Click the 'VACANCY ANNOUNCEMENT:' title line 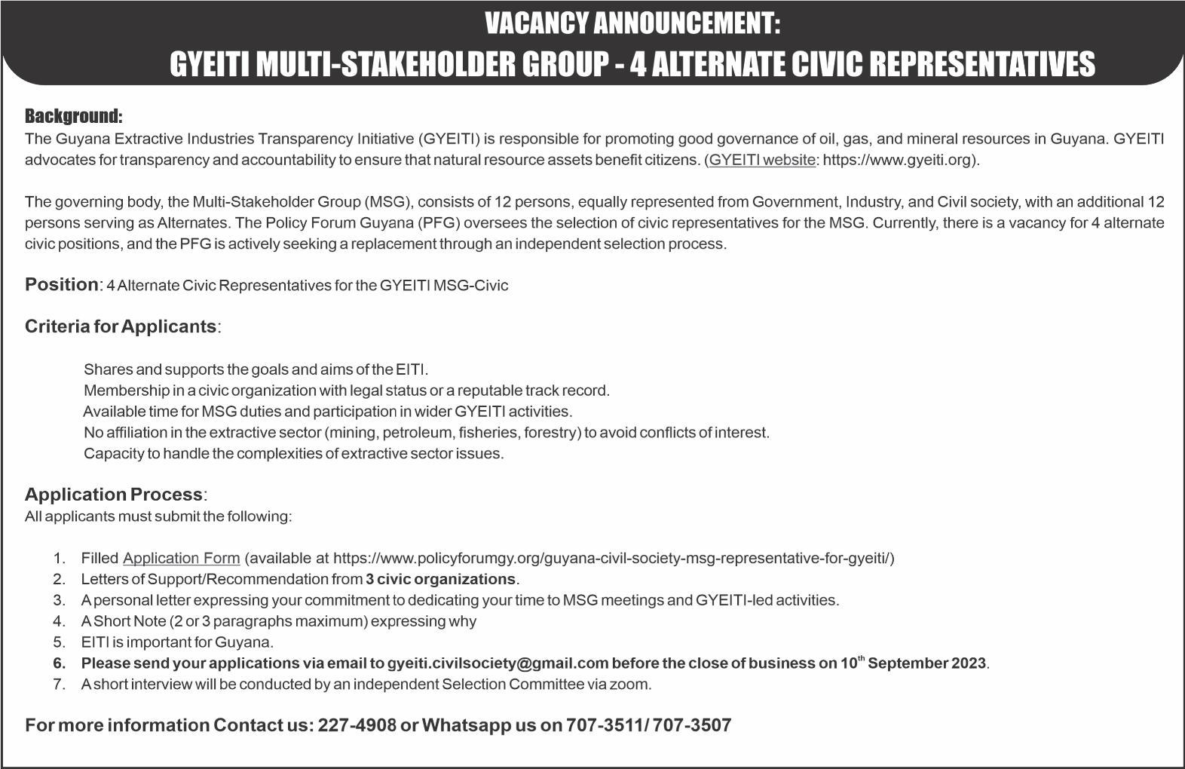point(632,24)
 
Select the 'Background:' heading point(73,116)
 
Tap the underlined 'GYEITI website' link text point(762,160)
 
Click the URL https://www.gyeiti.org point(896,160)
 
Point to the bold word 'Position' point(61,284)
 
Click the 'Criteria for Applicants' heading point(121,326)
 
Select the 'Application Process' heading point(114,495)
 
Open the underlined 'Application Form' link point(181,559)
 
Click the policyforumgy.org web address point(611,559)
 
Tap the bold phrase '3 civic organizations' point(441,579)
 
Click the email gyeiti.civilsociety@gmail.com point(498,663)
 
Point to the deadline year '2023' point(967,663)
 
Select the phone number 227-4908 point(357,725)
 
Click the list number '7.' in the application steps point(60,685)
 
